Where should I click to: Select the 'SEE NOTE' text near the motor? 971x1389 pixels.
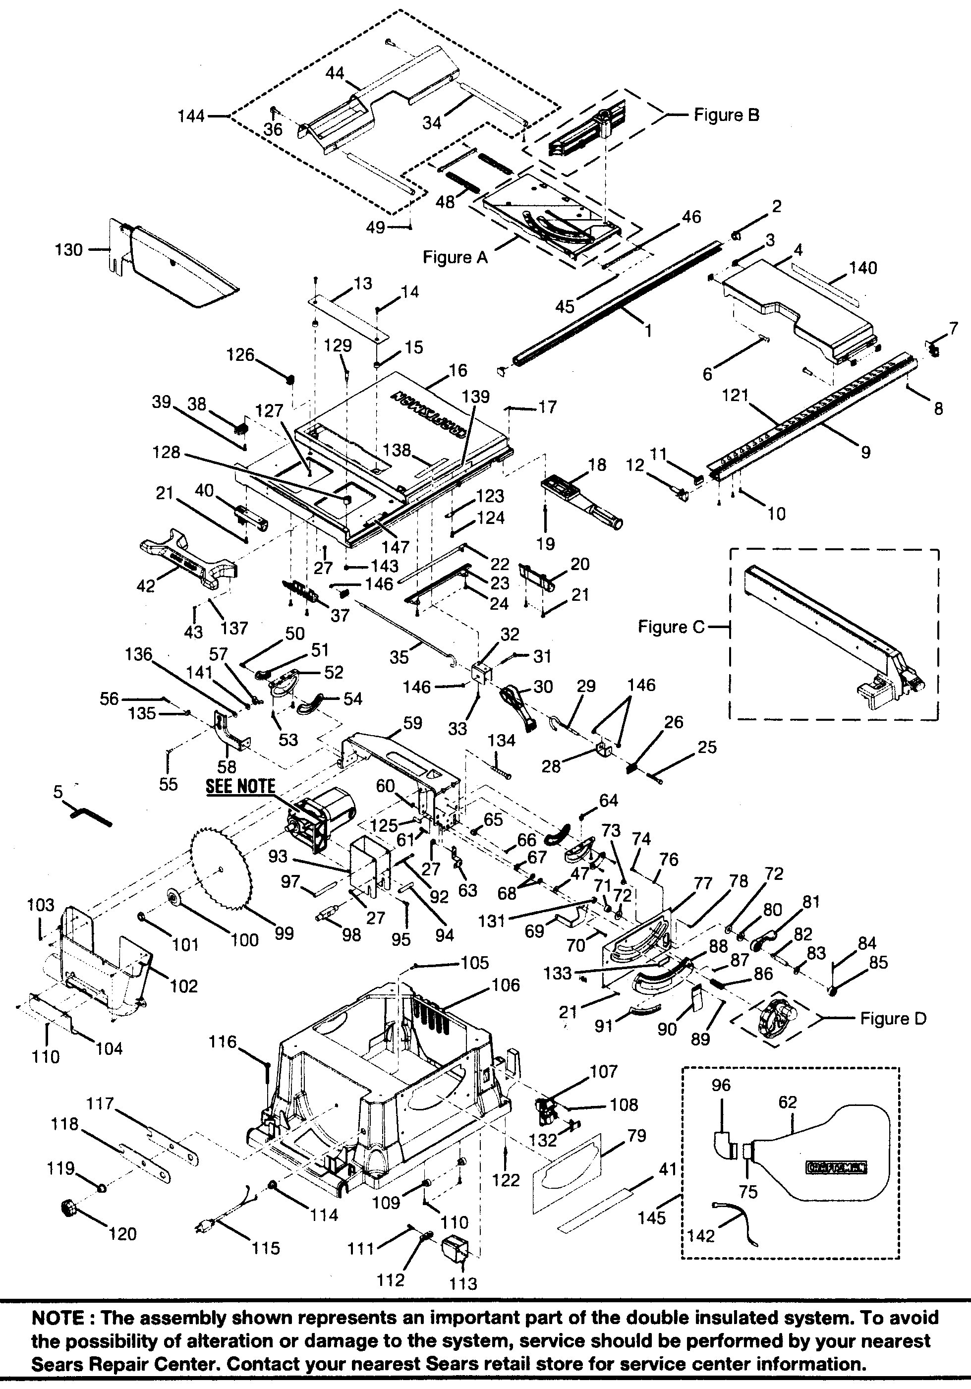(x=240, y=786)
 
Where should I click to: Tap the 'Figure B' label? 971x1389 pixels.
(x=726, y=115)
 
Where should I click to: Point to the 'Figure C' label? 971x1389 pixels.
(x=672, y=628)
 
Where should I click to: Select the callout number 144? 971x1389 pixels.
(x=192, y=116)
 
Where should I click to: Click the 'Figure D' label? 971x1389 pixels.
(x=893, y=1019)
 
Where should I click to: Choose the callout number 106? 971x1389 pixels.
(x=505, y=985)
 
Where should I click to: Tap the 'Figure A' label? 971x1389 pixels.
(x=455, y=257)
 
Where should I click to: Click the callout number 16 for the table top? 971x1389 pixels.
(x=458, y=370)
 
